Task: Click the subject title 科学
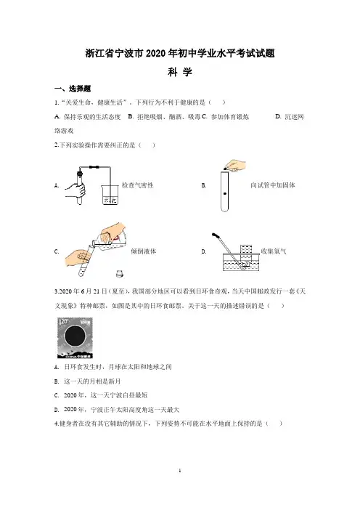coord(180,72)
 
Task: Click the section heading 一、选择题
coord(73,89)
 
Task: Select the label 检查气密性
coord(137,185)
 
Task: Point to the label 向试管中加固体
coord(273,185)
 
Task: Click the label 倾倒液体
coord(143,251)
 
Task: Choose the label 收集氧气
coord(274,251)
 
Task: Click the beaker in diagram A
coord(110,195)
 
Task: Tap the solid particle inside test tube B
coord(224,194)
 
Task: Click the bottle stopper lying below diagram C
coord(120,274)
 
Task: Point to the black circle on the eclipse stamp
coord(75,336)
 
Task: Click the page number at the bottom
coord(180,471)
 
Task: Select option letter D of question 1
coord(278,116)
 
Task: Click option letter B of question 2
coord(203,185)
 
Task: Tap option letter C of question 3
coord(57,395)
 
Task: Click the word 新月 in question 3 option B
coord(114,381)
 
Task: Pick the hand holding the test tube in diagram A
coord(75,190)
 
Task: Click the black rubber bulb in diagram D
coord(216,235)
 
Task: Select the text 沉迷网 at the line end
coord(294,117)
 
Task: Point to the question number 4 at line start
coord(56,424)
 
